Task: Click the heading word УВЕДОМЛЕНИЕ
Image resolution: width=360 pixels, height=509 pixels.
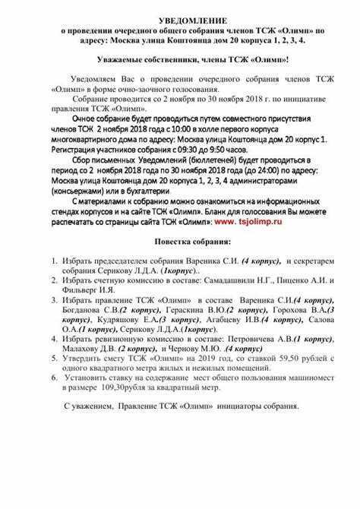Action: [180, 17]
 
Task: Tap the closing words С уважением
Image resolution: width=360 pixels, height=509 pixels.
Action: [88, 406]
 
